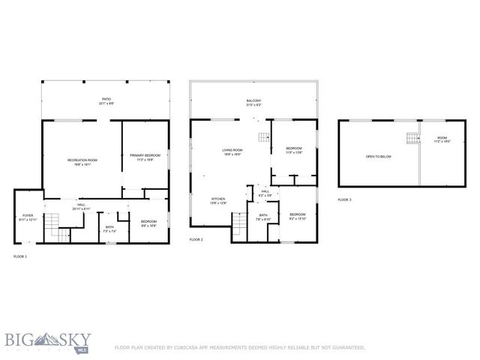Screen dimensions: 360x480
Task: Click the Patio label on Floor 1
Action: (x=106, y=100)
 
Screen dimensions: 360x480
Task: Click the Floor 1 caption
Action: (x=20, y=256)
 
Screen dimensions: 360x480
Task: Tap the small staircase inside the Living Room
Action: (x=263, y=136)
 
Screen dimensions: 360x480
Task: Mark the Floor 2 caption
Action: (x=196, y=239)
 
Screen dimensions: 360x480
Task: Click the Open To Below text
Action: (x=379, y=157)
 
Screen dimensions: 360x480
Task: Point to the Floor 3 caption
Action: (x=343, y=199)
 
